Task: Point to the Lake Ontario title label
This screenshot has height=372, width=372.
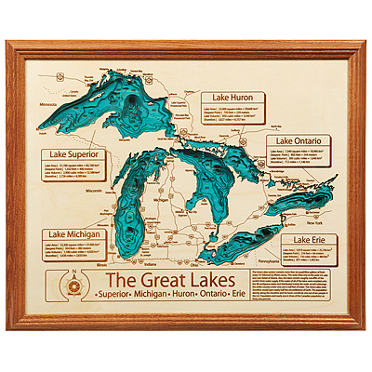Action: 298,140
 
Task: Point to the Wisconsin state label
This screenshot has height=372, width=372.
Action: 93,191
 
